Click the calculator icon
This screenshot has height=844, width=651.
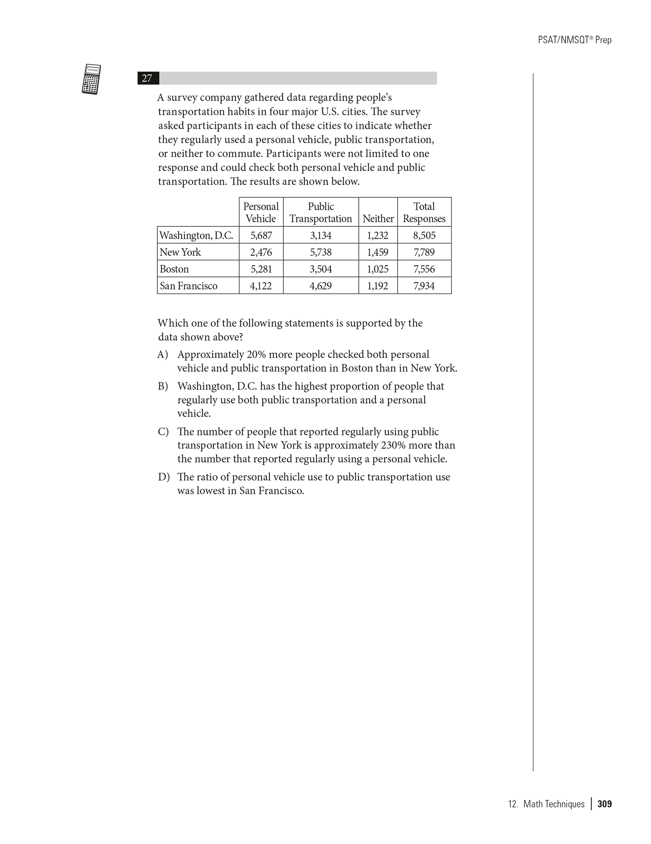pyautogui.click(x=91, y=79)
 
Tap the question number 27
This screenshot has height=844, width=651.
pyautogui.click(x=147, y=78)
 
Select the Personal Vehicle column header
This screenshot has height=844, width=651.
pyautogui.click(x=261, y=212)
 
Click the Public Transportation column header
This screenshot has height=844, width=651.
pyautogui.click(x=321, y=212)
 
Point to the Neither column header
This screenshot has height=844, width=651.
pyautogui.click(x=378, y=219)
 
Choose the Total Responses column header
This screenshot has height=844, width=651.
pyautogui.click(x=424, y=212)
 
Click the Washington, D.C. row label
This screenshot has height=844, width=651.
pyautogui.click(x=196, y=236)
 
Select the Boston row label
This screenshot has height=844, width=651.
pyautogui.click(x=174, y=269)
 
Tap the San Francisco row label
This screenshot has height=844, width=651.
pyautogui.click(x=188, y=286)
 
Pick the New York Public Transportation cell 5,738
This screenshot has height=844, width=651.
pyautogui.click(x=321, y=252)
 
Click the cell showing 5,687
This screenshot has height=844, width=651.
pyautogui.click(x=261, y=236)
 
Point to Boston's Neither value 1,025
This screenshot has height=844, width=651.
pyautogui.click(x=378, y=269)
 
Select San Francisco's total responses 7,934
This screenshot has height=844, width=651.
pyautogui.click(x=424, y=286)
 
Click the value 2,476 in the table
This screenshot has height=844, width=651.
pyautogui.click(x=261, y=252)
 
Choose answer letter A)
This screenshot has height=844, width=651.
pyautogui.click(x=163, y=354)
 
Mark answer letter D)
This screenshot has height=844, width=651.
pyautogui.click(x=163, y=477)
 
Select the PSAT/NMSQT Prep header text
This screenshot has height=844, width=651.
pyautogui.click(x=574, y=40)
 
